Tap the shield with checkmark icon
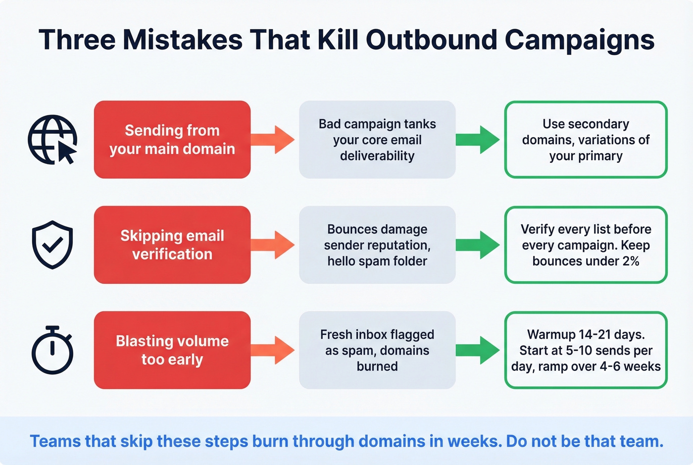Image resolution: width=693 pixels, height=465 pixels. coord(52,245)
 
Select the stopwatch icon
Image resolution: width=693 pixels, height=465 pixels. coord(52,350)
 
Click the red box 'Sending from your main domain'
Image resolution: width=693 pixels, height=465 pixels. coord(172,140)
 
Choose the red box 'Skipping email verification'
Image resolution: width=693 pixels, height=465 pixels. coord(172,245)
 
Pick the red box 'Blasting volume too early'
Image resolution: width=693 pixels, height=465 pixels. coord(172,350)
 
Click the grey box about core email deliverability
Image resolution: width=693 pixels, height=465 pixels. coord(377,140)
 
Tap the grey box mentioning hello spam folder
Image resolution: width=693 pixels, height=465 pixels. coord(377,245)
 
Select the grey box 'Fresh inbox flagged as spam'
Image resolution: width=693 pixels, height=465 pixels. coord(377,350)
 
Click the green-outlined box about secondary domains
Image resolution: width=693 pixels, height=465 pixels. coord(586,140)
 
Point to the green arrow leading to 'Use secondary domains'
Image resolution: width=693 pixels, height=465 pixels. coord(478,140)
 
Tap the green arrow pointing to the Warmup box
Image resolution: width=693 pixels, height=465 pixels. coord(478,350)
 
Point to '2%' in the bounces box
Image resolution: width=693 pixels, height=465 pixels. coord(631,261)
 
